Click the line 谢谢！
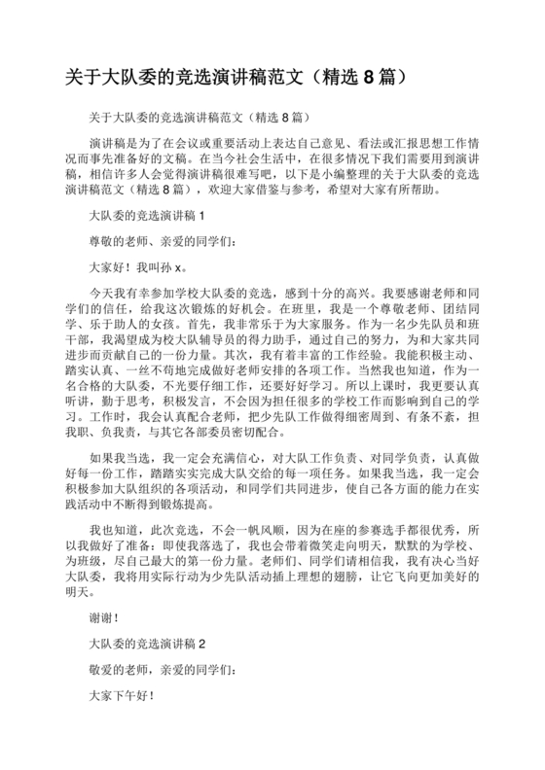pos(104,617)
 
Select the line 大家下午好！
pos(121,696)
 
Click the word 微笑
pos(306,550)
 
